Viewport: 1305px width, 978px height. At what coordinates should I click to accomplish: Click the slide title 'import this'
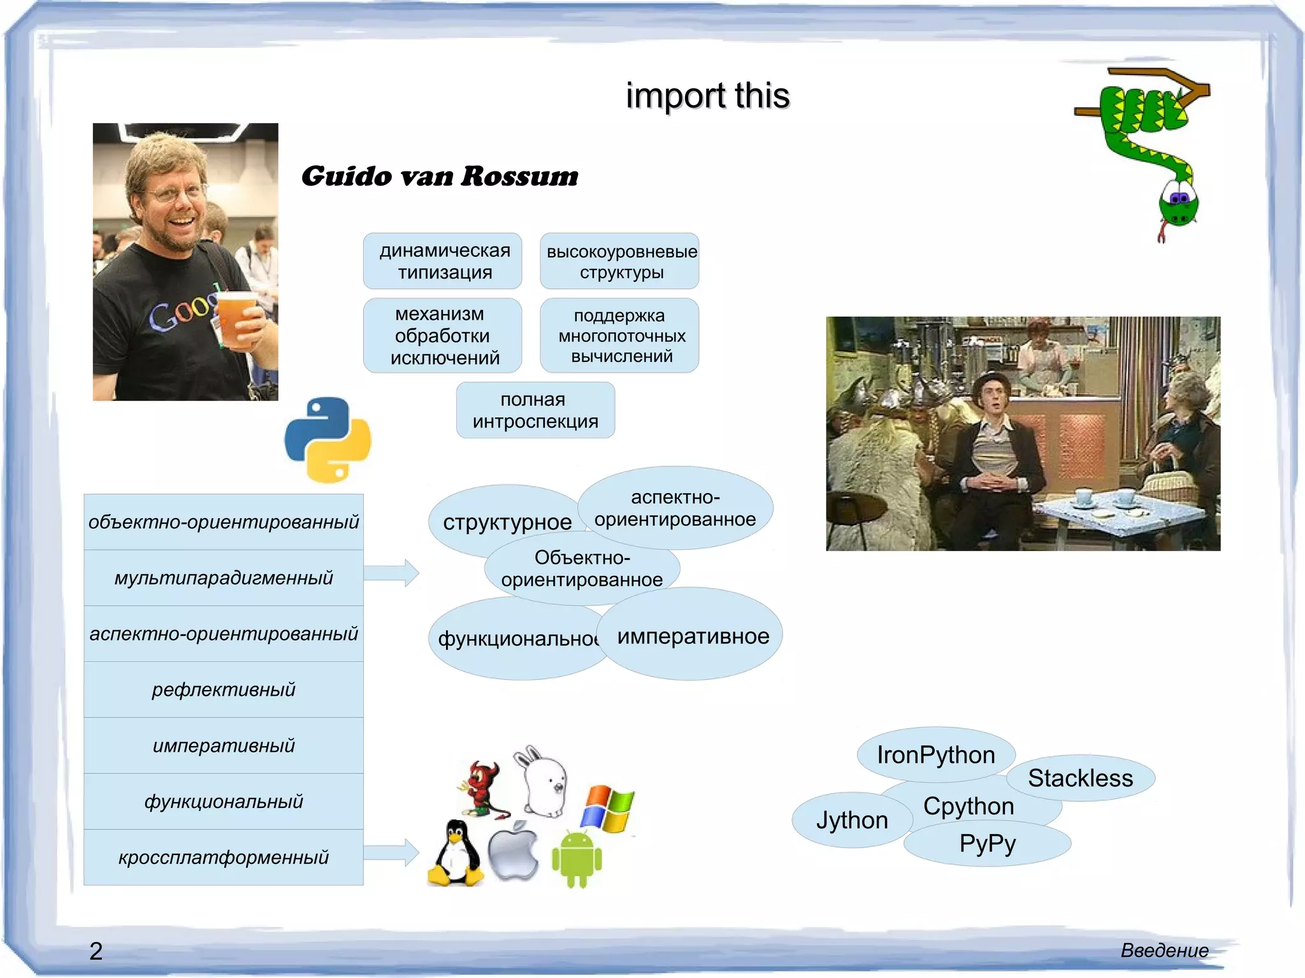[707, 96]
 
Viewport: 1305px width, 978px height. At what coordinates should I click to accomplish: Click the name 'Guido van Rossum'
[440, 176]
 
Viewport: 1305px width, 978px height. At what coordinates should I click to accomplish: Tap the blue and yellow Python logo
[328, 440]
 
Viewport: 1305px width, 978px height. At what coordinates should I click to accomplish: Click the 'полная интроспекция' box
[535, 410]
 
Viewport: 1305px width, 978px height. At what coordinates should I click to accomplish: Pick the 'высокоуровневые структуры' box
[620, 261]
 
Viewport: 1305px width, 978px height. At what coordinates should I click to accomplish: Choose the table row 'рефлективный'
[224, 689]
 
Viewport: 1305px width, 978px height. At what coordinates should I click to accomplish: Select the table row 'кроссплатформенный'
[224, 858]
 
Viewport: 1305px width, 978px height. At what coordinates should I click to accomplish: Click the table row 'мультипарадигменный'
[224, 578]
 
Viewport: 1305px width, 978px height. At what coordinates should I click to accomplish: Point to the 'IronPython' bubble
[935, 755]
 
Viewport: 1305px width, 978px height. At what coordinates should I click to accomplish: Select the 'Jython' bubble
[851, 821]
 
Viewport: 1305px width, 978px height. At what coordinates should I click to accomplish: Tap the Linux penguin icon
[455, 854]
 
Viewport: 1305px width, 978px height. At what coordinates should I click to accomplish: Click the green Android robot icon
[577, 858]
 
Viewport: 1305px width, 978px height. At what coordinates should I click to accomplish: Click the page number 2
[96, 951]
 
